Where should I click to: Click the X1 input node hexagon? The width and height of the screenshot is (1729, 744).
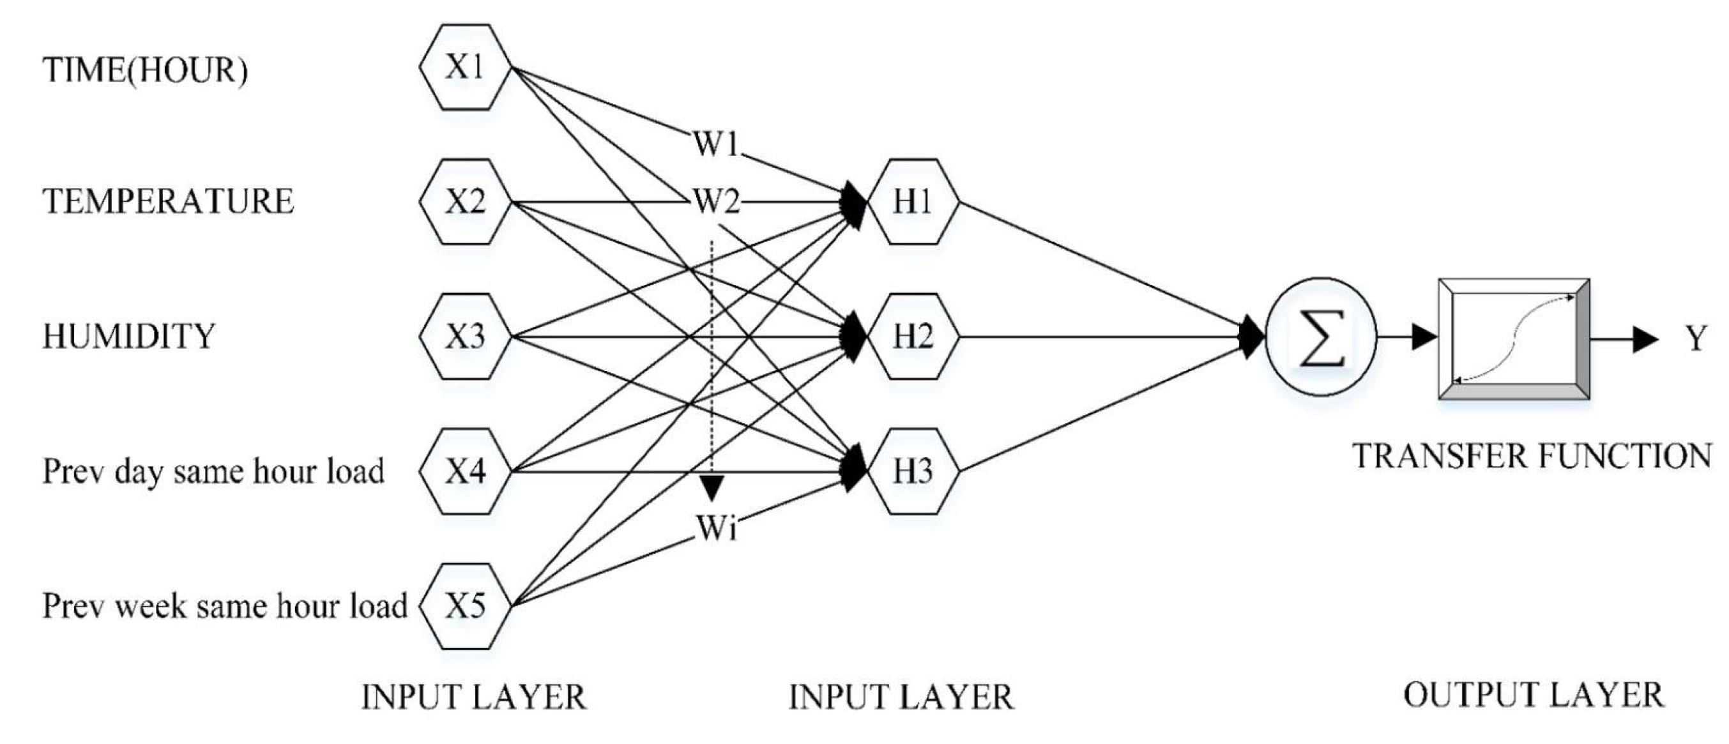pos(465,67)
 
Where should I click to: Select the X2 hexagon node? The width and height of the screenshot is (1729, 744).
pos(465,201)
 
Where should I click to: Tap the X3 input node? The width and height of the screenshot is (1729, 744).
pos(465,336)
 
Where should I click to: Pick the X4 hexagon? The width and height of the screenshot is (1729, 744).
pos(465,471)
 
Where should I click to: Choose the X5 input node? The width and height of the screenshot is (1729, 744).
pos(465,606)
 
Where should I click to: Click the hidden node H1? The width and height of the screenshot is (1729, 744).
pos(913,201)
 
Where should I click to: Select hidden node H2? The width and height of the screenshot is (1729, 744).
pos(913,336)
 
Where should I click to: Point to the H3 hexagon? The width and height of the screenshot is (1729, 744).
pos(913,471)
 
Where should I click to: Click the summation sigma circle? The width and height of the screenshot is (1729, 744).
pos(1321,337)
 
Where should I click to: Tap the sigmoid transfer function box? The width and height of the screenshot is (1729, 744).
pos(1514,340)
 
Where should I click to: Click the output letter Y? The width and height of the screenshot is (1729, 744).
pos(1696,339)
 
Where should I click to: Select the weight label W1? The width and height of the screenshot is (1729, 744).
pos(715,144)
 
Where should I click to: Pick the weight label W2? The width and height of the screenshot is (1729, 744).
pos(715,201)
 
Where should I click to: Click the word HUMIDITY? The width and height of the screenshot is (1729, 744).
pos(129,336)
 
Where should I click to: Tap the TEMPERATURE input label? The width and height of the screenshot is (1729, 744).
pos(168,201)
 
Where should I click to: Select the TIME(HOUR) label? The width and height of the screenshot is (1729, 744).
pos(145,70)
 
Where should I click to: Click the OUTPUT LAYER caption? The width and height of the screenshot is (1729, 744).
pos(1534,695)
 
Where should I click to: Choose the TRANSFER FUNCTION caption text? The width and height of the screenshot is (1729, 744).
pos(1532,456)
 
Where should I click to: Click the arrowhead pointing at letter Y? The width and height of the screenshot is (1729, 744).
pos(1645,340)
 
